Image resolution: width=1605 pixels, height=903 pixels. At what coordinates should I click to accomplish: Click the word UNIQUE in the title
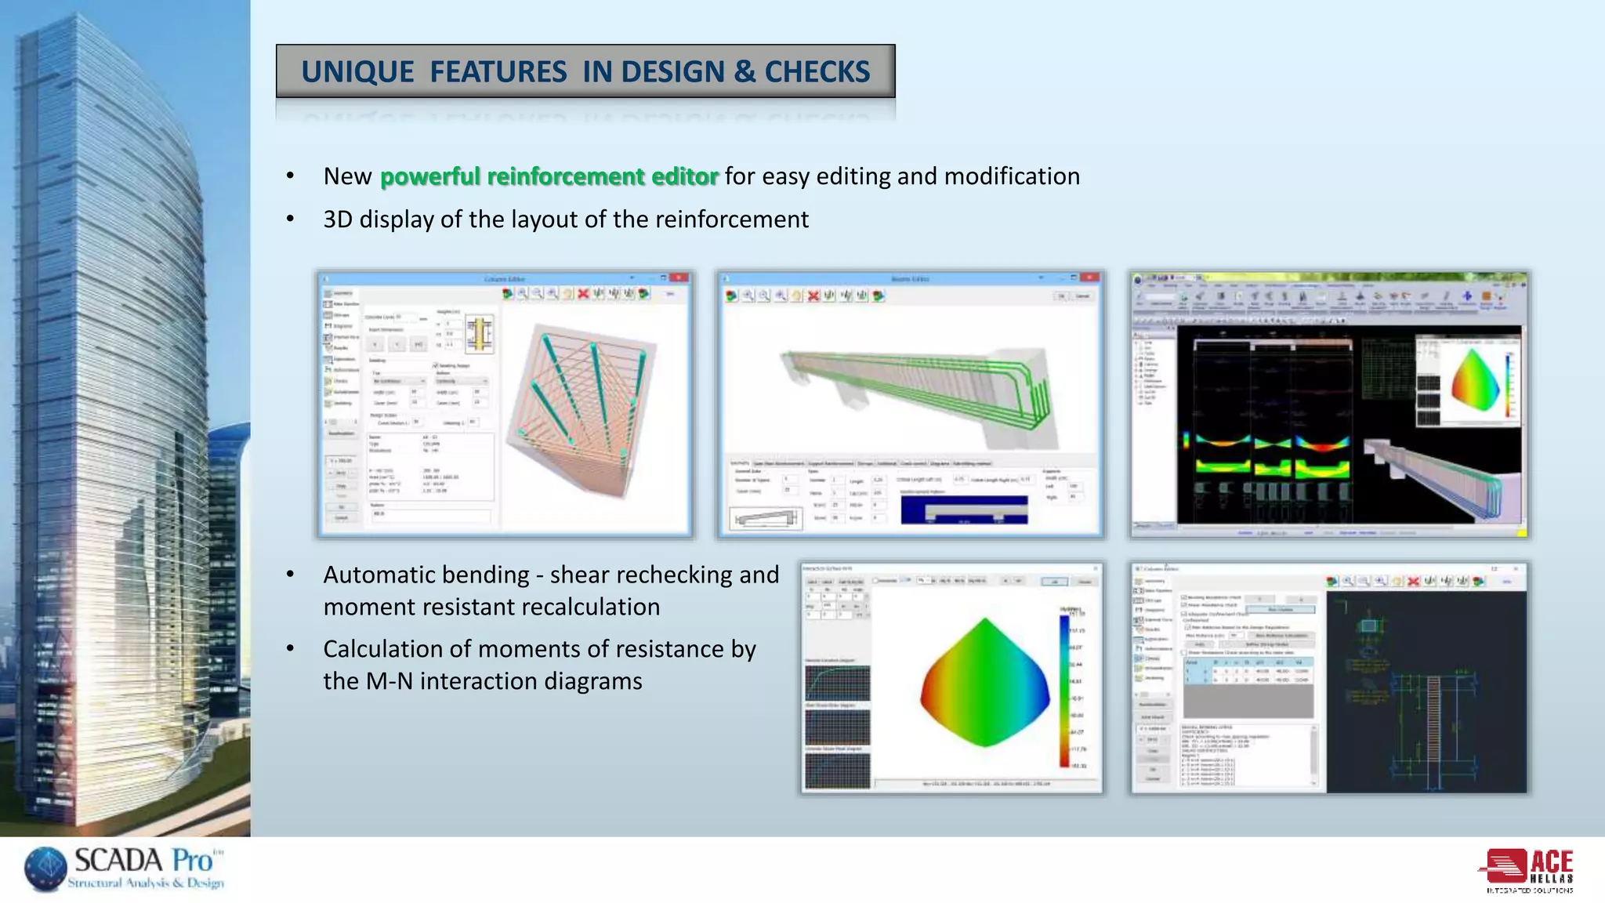pyautogui.click(x=357, y=72)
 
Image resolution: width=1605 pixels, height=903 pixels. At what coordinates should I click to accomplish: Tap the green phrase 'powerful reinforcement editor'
pyautogui.click(x=549, y=176)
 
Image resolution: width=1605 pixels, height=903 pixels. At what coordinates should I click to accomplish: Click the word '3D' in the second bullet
pyautogui.click(x=338, y=219)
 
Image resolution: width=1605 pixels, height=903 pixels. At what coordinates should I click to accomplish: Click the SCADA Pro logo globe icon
pyautogui.click(x=45, y=869)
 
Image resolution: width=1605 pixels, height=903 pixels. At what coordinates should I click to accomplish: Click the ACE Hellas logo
pyautogui.click(x=1529, y=869)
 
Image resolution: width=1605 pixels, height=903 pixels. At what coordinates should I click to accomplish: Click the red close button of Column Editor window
pyautogui.click(x=679, y=278)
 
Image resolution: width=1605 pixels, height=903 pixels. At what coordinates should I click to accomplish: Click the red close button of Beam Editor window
pyautogui.click(x=1089, y=278)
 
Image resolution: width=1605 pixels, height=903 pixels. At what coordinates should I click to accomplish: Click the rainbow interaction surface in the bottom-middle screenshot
pyautogui.click(x=985, y=682)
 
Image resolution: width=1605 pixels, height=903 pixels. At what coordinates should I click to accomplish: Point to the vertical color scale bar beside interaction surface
pyautogui.click(x=1064, y=690)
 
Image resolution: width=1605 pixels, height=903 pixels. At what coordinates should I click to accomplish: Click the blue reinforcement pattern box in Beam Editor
pyautogui.click(x=964, y=510)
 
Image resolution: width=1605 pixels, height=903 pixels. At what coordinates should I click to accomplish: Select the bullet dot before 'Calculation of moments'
pyautogui.click(x=290, y=649)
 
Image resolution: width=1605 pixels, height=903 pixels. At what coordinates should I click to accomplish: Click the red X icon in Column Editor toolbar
pyautogui.click(x=583, y=294)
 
